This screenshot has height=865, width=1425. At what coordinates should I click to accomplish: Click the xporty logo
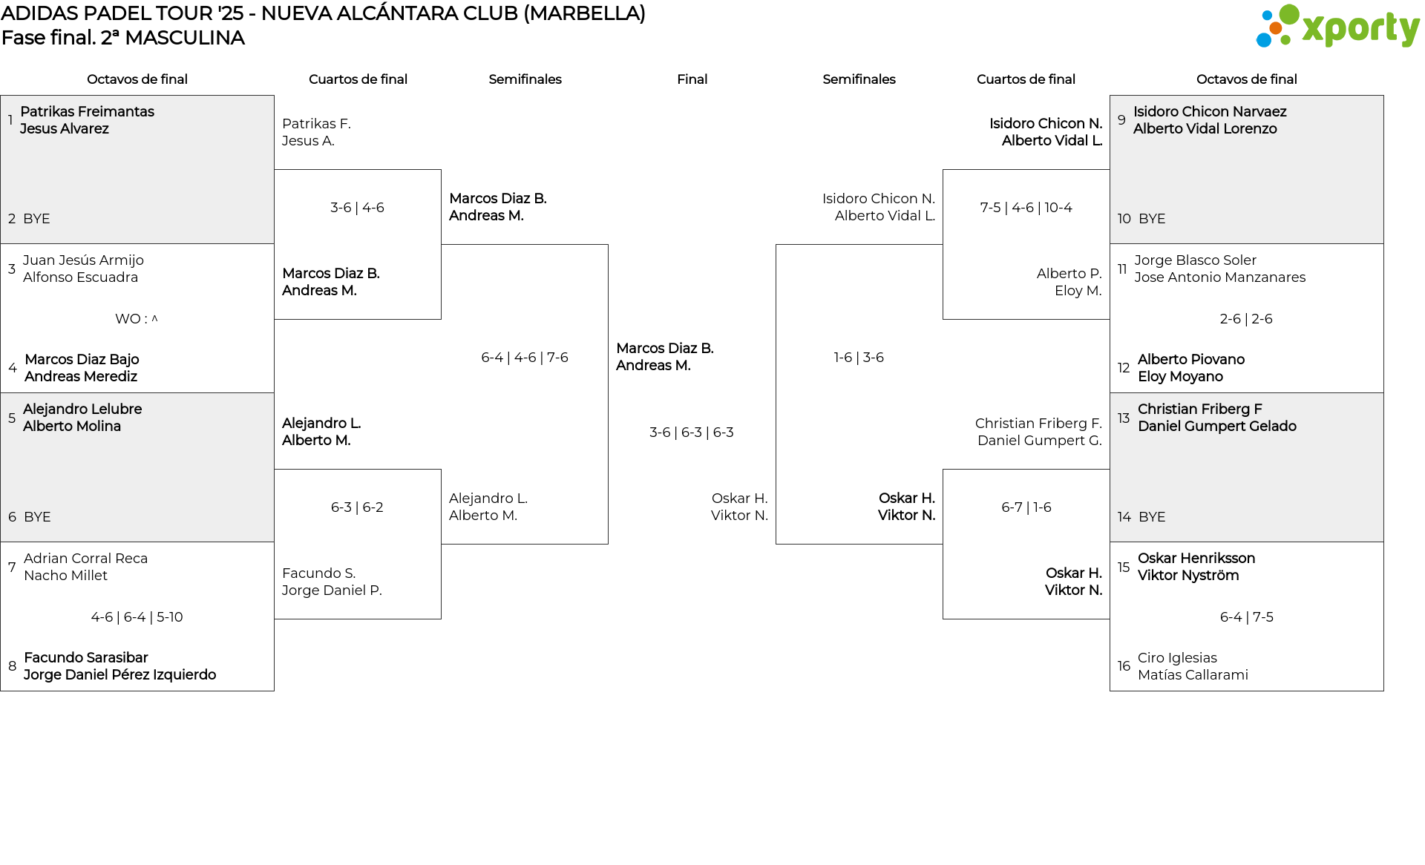(x=1337, y=27)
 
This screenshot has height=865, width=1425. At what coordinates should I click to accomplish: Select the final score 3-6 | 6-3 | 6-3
(x=691, y=432)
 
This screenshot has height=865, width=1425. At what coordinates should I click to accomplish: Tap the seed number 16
(x=1124, y=666)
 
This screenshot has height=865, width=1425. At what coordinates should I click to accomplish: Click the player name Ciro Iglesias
(x=1177, y=658)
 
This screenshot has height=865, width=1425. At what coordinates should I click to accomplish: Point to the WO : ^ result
(x=136, y=319)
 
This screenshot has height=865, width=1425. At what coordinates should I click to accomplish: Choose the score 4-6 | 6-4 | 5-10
(x=137, y=617)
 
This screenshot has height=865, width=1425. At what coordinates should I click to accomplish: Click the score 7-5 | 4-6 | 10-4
(x=1026, y=208)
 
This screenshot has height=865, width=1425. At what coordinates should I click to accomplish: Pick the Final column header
(x=692, y=79)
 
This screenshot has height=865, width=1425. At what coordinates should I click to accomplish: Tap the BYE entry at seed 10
(x=1151, y=219)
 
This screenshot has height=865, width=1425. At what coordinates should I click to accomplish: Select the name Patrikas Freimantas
(x=87, y=112)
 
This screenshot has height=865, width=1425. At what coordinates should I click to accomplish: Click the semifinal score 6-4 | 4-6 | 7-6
(x=524, y=358)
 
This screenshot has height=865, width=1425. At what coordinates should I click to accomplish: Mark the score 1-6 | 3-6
(x=859, y=358)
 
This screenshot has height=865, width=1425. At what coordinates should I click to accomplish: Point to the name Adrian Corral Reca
(x=85, y=559)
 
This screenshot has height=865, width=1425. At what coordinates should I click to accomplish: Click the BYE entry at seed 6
(x=37, y=517)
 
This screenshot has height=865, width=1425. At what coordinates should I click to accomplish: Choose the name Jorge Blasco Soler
(x=1195, y=260)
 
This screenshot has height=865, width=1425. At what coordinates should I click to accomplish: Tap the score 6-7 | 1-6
(x=1026, y=507)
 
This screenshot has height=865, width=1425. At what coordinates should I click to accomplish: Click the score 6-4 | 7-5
(x=1246, y=617)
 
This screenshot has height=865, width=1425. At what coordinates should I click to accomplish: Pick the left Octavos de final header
(x=137, y=79)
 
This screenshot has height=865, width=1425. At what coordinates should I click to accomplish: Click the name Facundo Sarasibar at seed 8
(x=86, y=658)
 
